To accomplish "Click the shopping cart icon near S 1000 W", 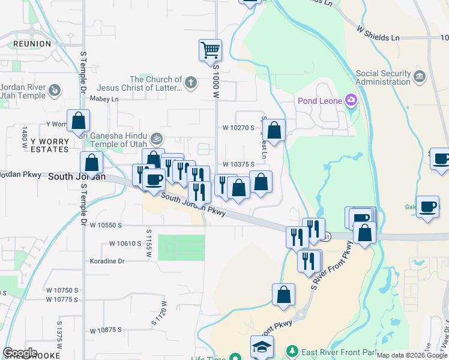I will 210,50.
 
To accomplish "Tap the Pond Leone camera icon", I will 351,100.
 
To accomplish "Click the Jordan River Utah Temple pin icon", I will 54,91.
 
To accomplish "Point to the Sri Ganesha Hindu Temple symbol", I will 157,138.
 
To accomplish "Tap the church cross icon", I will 191,83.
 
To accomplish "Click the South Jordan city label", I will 77,176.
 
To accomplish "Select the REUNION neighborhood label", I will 32,44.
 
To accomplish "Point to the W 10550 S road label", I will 106,225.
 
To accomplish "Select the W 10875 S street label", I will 106,330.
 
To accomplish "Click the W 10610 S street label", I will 125,243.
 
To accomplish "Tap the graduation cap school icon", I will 262,347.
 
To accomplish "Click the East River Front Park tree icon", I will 292,350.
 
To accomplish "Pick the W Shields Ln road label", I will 378,33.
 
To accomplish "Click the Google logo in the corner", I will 20,353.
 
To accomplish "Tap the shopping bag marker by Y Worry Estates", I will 78,121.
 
